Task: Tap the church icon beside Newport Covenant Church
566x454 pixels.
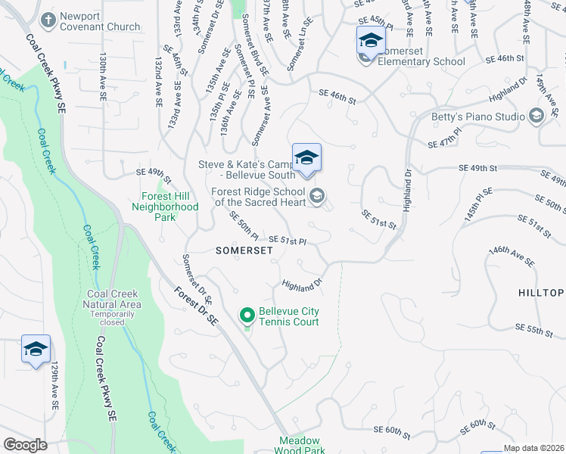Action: (49, 20)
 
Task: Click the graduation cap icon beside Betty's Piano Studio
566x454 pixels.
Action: (536, 115)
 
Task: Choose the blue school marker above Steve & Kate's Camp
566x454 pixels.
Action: (306, 158)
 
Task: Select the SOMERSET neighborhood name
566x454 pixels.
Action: (243, 250)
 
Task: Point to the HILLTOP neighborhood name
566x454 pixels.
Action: (541, 293)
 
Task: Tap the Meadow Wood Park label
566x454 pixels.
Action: (300, 445)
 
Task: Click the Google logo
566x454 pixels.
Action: (25, 445)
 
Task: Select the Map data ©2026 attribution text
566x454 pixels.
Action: (533, 448)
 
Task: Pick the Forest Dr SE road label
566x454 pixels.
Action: (195, 305)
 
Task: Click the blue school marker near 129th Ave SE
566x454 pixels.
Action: (36, 349)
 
